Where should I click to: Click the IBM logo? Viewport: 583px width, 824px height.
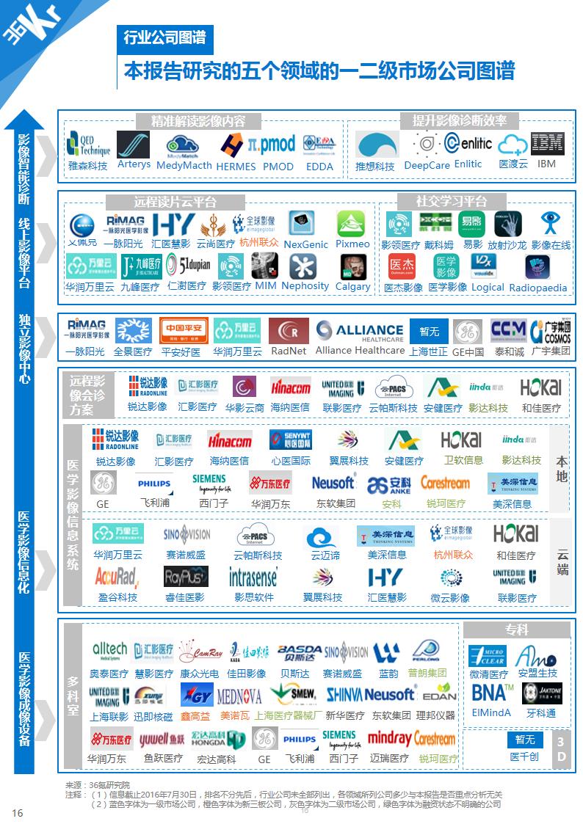pyautogui.click(x=547, y=144)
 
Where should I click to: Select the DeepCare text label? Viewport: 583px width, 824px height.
pyautogui.click(x=427, y=165)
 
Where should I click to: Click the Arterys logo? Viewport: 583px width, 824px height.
pyautogui.click(x=134, y=145)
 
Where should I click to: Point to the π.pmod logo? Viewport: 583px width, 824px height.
pyautogui.click(x=271, y=143)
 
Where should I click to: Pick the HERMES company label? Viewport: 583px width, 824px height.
pyautogui.click(x=236, y=167)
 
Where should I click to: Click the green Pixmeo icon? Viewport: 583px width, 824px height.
pyautogui.click(x=351, y=224)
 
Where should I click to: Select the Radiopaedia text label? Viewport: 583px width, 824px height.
pyautogui.click(x=538, y=288)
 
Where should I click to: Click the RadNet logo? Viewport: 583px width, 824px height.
pyautogui.click(x=289, y=331)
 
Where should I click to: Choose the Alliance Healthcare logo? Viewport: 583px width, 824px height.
pyautogui.click(x=360, y=331)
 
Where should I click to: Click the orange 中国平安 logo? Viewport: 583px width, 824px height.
pyautogui.click(x=181, y=331)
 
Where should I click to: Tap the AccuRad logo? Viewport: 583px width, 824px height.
pyautogui.click(x=117, y=577)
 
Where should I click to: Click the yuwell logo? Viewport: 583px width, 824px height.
pyautogui.click(x=163, y=738)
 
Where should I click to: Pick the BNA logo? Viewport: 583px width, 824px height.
pyautogui.click(x=491, y=691)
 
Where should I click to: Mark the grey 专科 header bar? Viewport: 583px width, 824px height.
pyautogui.click(x=516, y=630)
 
